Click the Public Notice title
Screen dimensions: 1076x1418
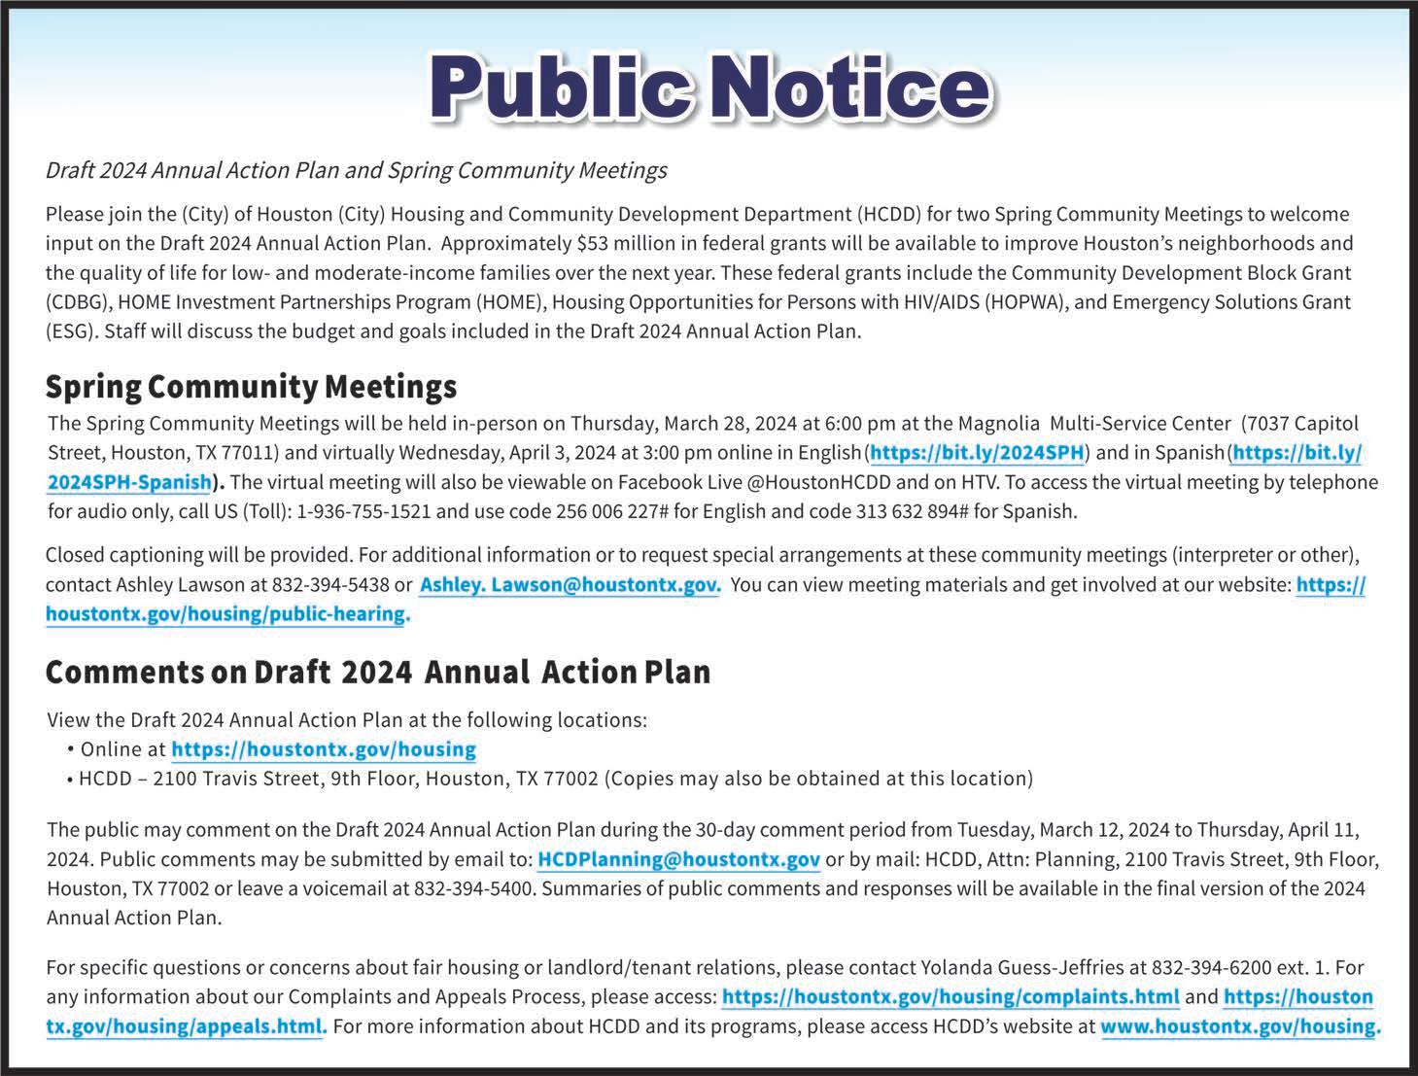(x=709, y=87)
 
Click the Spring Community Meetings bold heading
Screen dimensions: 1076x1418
(x=251, y=387)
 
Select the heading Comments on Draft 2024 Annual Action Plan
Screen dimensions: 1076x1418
(x=377, y=673)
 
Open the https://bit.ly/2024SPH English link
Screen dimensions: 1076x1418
(x=977, y=453)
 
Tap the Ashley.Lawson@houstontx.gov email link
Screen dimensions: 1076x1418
(x=570, y=585)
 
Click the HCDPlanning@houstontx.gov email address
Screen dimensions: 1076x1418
(x=678, y=859)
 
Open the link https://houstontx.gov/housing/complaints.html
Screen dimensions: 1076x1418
(x=951, y=997)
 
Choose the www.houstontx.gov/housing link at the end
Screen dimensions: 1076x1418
(x=1239, y=1026)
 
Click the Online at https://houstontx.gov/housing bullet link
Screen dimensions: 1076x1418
(x=324, y=749)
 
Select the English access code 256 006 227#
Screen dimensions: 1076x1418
(x=611, y=511)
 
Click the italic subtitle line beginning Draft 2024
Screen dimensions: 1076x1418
(x=356, y=171)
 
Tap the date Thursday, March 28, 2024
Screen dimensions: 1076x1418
(x=683, y=424)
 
